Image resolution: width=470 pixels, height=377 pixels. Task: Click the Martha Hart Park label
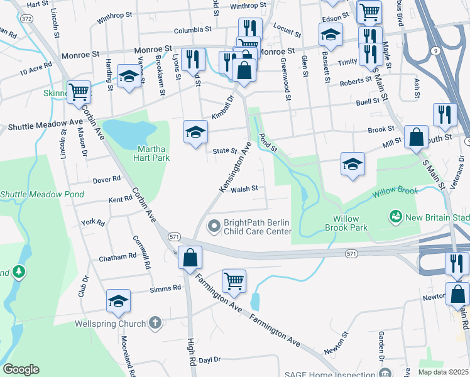pyautogui.click(x=154, y=153)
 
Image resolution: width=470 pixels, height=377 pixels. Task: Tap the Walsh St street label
pyautogui.click(x=244, y=188)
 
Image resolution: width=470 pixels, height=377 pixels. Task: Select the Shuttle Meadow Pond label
pyautogui.click(x=41, y=194)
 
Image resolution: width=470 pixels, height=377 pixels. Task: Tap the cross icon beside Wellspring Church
pyautogui.click(x=156, y=323)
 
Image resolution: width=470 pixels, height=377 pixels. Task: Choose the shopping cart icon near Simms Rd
pyautogui.click(x=234, y=280)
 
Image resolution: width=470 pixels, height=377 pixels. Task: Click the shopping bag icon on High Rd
pyautogui.click(x=190, y=257)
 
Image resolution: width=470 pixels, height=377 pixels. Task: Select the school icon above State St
pyautogui.click(x=195, y=132)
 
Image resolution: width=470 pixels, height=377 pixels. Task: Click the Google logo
pyautogui.click(x=21, y=369)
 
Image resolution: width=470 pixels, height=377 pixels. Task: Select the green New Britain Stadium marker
pyautogui.click(x=396, y=217)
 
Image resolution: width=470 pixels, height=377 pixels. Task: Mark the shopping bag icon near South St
pyautogui.click(x=416, y=136)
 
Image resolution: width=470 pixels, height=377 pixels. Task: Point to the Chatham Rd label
pyautogui.click(x=117, y=257)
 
